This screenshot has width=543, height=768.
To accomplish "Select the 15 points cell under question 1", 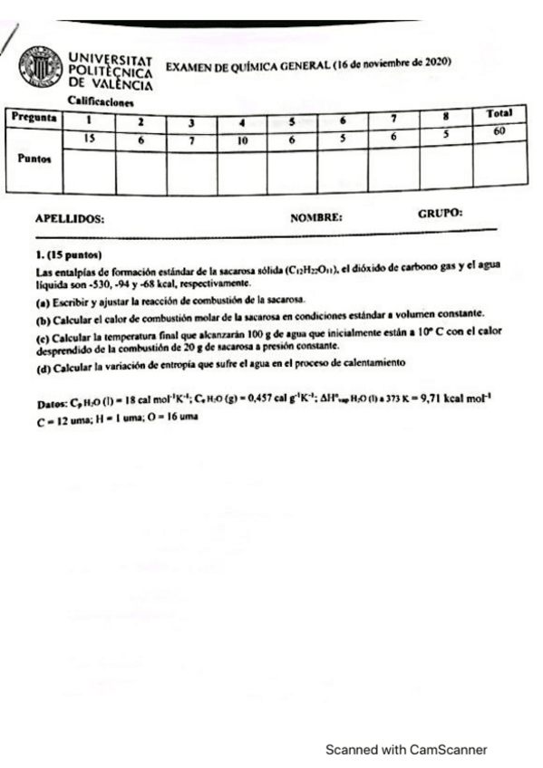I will pos(89,138).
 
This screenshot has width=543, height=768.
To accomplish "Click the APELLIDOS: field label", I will pos(69,219).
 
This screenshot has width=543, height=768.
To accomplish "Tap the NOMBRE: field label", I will pos(315,218).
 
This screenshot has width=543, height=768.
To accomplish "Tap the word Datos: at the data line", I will pos(51,401).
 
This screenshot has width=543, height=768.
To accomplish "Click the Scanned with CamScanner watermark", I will pos(406,749).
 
